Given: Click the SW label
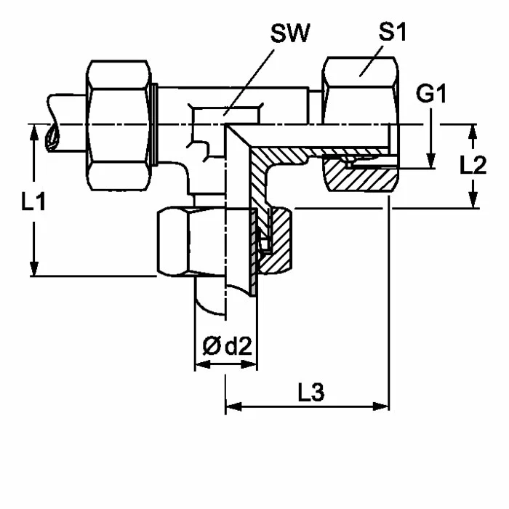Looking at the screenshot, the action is pyautogui.click(x=290, y=33).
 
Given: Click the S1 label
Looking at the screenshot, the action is pyautogui.click(x=393, y=32).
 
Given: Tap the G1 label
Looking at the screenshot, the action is pyautogui.click(x=431, y=94).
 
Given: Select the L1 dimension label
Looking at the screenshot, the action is pyautogui.click(x=33, y=201).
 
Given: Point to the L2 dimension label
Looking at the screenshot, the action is pyautogui.click(x=473, y=165).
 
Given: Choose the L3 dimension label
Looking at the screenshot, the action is pyautogui.click(x=311, y=392).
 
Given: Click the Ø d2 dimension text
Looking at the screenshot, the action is pyautogui.click(x=227, y=345).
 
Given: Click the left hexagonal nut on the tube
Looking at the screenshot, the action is pyautogui.click(x=119, y=125).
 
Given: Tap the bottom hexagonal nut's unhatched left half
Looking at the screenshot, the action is pyautogui.click(x=191, y=242).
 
